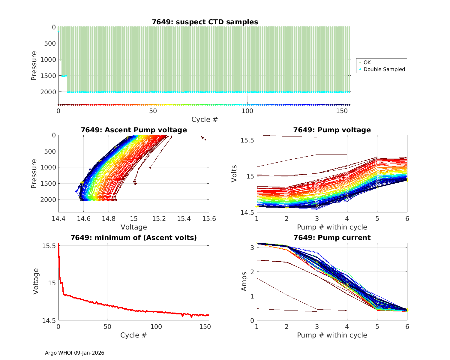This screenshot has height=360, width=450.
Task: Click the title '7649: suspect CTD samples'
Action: [205, 22]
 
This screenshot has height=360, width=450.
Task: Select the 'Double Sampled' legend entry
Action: [384, 69]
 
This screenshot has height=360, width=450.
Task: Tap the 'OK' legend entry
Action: [367, 62]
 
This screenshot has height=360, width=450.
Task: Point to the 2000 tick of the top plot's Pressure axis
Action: [48, 92]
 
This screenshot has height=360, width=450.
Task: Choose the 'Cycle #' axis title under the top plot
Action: [205, 119]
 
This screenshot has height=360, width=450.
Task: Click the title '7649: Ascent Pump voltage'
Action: [134, 130]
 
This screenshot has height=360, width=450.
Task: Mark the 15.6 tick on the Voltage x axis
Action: [209, 218]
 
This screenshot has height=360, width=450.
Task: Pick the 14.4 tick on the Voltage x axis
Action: [58, 218]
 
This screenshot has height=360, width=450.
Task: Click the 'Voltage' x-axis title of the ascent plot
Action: [134, 227]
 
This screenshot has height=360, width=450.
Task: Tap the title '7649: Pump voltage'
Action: [332, 130]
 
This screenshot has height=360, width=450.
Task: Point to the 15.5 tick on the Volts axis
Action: [247, 140]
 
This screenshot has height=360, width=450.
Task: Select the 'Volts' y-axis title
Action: [234, 173]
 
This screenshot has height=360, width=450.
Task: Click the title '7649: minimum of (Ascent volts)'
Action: [134, 238]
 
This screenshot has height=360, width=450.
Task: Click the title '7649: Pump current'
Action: [332, 238]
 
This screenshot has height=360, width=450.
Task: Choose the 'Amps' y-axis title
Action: [244, 281]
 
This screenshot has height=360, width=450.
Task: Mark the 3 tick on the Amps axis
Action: [251, 247]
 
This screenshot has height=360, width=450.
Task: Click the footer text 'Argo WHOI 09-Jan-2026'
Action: [74, 353]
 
